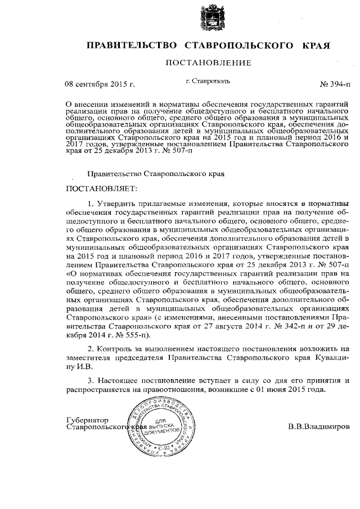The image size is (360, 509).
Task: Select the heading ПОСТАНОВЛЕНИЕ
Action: click(208, 62)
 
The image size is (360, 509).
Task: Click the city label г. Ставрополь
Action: click(208, 83)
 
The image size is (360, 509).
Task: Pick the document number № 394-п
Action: click(334, 85)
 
